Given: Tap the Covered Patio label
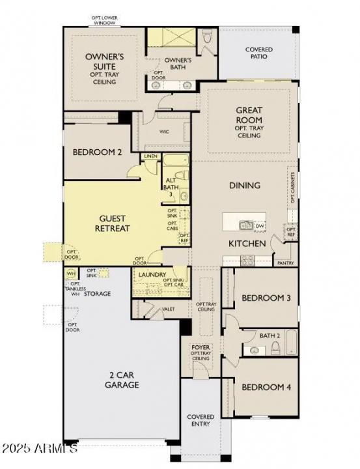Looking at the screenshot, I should pos(258,53).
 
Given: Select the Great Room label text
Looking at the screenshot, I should pos(249,115).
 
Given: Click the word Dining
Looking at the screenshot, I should pos(244,186).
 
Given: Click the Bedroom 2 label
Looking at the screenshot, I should pos(97,152).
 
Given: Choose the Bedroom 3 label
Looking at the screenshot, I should pos(266,298).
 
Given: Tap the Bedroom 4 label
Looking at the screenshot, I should pos(266,387).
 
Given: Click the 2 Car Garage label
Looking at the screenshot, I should pos(122,380).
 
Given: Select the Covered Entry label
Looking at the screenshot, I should pos(201,421).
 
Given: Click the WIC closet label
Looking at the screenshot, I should pos(165,131).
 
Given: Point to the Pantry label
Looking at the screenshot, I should pos(285,263).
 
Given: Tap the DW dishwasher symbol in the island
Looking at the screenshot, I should pos(260,226).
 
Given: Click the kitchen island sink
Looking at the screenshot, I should pos(246,226).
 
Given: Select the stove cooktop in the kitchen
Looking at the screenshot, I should pos(247,260).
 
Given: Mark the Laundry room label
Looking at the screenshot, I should pos(152,275).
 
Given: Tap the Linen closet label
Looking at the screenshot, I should pos(150,157).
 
